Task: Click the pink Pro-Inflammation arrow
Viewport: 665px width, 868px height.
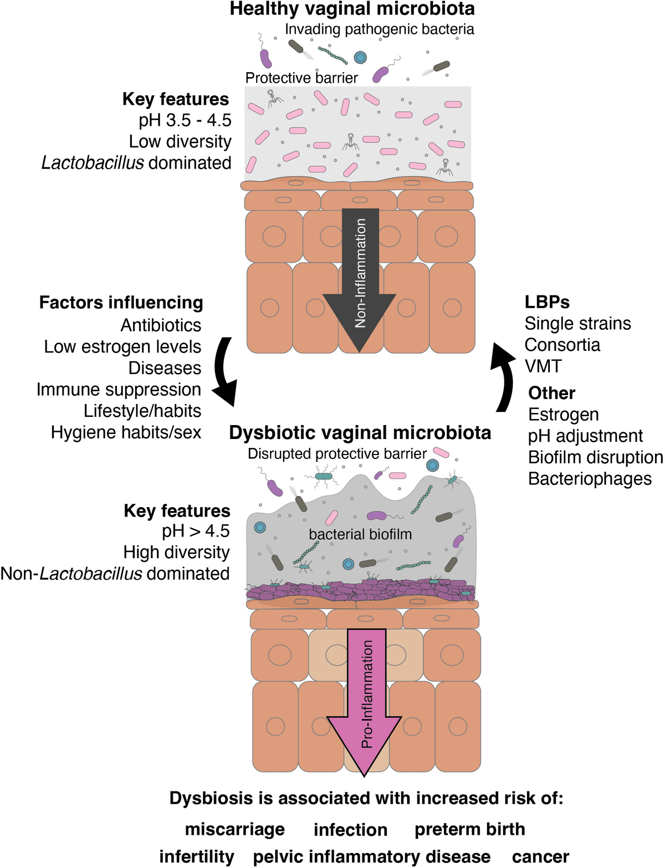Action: (365, 698)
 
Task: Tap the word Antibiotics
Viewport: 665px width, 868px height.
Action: (161, 325)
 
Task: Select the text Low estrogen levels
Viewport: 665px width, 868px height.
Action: (122, 346)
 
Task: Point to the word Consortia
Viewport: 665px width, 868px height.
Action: (562, 345)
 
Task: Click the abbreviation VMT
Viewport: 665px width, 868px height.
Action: (543, 366)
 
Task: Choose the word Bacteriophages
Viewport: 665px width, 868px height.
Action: (590, 478)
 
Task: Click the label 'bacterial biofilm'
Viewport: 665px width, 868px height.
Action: (360, 534)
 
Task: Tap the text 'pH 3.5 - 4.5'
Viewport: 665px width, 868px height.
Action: (185, 120)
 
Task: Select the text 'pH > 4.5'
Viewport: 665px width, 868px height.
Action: (196, 531)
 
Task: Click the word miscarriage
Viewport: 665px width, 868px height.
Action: (234, 829)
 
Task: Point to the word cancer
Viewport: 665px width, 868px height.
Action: (540, 856)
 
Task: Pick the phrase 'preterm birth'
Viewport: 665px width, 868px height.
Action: (469, 829)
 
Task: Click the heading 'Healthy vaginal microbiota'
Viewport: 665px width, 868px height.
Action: (352, 9)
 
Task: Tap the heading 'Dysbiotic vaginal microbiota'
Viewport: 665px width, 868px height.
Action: (360, 433)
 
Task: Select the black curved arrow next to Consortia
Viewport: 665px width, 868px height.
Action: (503, 377)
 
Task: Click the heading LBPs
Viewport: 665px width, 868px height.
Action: (547, 302)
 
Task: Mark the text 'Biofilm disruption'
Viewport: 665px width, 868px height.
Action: (595, 457)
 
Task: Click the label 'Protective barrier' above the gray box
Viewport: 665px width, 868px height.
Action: (301, 78)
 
